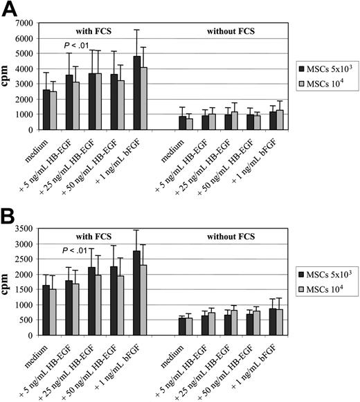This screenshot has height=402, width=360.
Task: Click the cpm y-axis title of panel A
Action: (x=9, y=75)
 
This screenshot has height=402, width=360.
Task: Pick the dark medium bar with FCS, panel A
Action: (x=46, y=109)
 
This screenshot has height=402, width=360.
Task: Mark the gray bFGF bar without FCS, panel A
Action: (x=260, y=120)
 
